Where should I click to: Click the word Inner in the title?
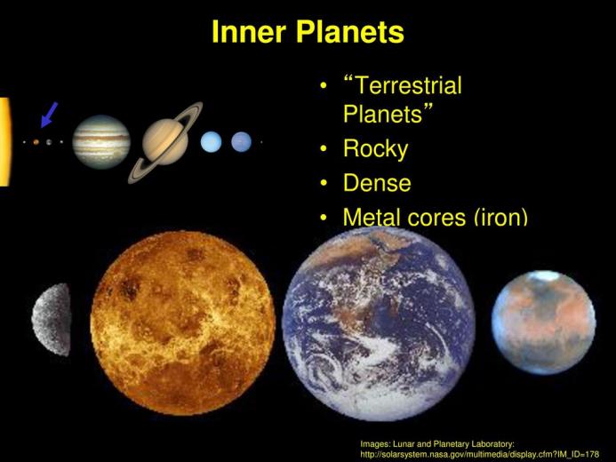[x=249, y=32]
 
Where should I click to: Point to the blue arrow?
[x=49, y=115]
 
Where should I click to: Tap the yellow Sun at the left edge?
[x=4, y=141]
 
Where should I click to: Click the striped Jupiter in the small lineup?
[x=101, y=141]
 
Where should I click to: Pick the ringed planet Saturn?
[x=165, y=142]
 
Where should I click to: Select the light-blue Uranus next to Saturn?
[x=211, y=141]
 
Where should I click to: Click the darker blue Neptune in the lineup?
[x=241, y=141]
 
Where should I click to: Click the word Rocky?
[x=376, y=149]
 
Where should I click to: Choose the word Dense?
[x=377, y=183]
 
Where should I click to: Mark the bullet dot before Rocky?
[x=324, y=149]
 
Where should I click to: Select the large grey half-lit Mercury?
[x=52, y=320]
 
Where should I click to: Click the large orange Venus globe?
[x=183, y=323]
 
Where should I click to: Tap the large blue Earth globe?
[x=379, y=324]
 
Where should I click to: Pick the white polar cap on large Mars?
[x=545, y=275]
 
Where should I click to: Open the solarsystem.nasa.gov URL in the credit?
[x=480, y=455]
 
